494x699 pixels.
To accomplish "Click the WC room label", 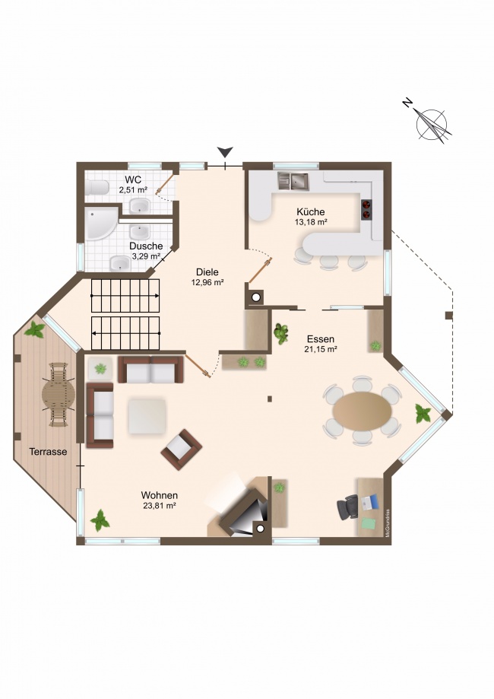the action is click(133, 180).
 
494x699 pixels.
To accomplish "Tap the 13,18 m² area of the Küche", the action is click(312, 221).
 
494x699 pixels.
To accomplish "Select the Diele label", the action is click(207, 272).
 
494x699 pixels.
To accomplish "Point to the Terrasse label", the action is click(48, 452).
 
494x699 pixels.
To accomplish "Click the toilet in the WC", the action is click(97, 187).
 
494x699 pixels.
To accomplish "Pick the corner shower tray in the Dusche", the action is click(101, 224).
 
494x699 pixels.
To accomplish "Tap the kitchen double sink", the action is click(293, 181).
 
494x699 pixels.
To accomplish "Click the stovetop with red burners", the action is click(366, 209).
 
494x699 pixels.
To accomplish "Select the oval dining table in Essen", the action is click(363, 411).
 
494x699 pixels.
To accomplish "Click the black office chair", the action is click(348, 507).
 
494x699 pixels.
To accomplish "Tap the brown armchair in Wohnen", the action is click(182, 450).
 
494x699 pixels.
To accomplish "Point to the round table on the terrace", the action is click(59, 394).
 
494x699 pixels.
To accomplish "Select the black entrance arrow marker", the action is click(226, 152).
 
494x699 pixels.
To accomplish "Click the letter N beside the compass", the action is click(407, 103).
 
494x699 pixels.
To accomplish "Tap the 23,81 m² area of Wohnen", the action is click(160, 506).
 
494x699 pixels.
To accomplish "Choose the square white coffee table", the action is click(147, 416).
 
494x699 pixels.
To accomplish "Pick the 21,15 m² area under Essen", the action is click(321, 350).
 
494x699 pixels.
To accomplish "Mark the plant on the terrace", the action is click(34, 330).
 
